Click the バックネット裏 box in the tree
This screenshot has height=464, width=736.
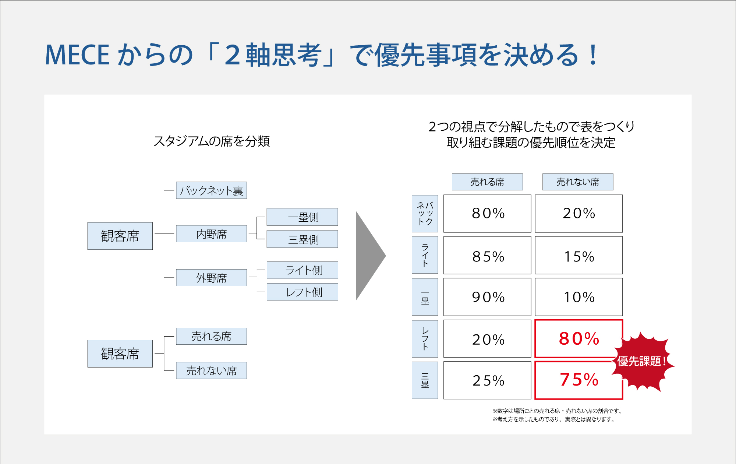tap(211, 190)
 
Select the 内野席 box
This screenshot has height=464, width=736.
tap(211, 234)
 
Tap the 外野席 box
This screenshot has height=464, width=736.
tap(211, 278)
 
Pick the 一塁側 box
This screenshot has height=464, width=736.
tap(302, 217)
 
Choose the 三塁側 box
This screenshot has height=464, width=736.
tap(302, 239)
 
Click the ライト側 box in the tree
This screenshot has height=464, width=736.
tap(302, 270)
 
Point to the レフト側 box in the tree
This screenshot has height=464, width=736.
tap(302, 292)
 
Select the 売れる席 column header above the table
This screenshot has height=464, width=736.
tap(487, 182)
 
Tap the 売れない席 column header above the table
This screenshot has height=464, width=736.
tap(578, 182)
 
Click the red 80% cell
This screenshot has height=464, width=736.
tap(578, 338)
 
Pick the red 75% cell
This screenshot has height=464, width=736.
tap(578, 380)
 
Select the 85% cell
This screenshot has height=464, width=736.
tap(487, 255)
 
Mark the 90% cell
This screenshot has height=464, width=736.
tap(487, 297)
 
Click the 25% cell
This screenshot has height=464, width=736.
tap(487, 380)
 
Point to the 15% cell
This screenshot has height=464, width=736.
tap(578, 255)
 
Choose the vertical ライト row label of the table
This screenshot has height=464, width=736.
tap(425, 255)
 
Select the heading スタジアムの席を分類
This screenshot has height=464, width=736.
tap(212, 141)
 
